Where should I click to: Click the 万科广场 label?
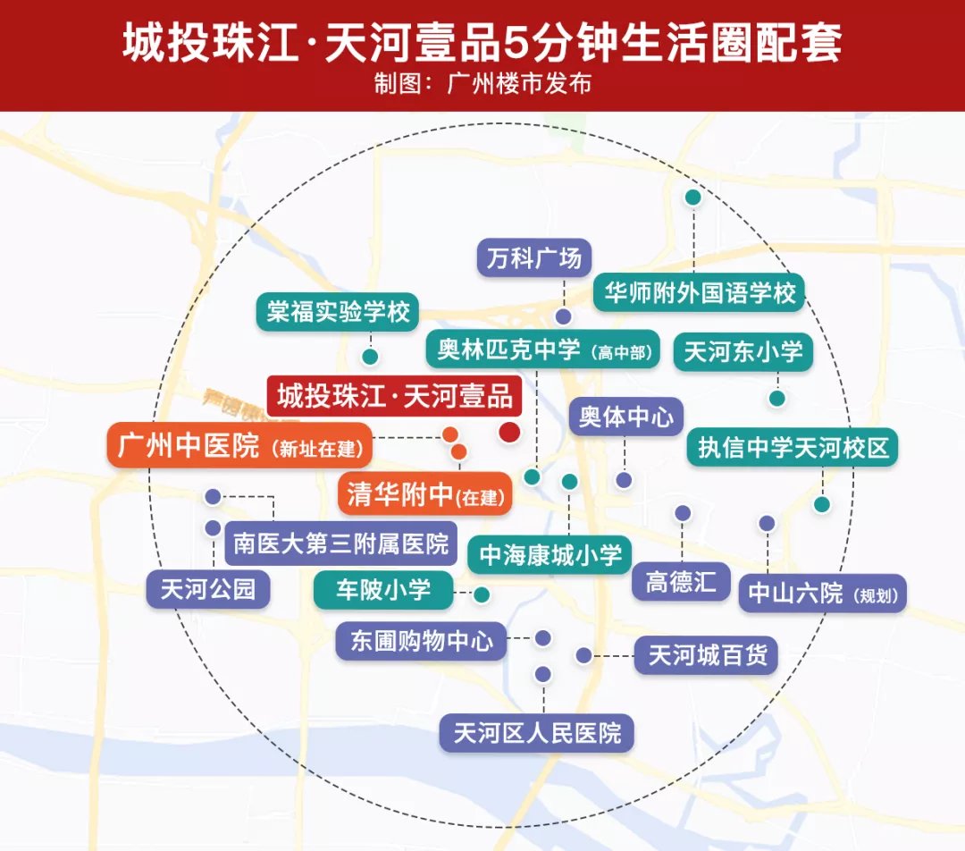point(534,258)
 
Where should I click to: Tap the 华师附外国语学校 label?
point(700,292)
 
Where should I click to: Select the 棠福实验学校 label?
point(338,312)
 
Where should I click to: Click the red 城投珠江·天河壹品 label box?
point(395,396)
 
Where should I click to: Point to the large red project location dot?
point(509,434)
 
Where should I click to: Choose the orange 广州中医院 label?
point(239,445)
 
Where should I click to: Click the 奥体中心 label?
point(625,417)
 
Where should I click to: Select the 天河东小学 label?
point(743,351)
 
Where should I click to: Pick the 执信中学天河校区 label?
point(793,446)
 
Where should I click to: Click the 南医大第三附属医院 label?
point(341,543)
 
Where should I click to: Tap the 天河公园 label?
point(208,589)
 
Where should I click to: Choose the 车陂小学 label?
point(383,590)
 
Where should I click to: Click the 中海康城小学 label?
point(550,554)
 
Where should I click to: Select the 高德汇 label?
point(681,581)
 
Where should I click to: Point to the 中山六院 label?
point(822,593)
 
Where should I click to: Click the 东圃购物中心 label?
point(421,641)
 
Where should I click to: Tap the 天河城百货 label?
point(707,655)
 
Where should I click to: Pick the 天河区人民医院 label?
point(537,734)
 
